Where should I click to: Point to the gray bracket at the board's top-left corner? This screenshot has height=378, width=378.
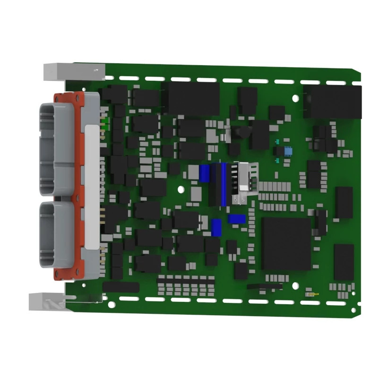[73, 71]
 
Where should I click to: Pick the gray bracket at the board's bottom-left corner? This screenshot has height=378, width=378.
[47, 301]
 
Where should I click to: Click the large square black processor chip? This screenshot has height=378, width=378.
[286, 243]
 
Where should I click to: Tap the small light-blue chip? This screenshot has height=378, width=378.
[288, 152]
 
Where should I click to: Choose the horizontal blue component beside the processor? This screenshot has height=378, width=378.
[236, 219]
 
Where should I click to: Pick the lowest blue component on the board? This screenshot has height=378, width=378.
[216, 228]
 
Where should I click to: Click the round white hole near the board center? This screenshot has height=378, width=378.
[180, 189]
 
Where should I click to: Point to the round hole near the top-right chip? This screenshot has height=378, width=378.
[296, 99]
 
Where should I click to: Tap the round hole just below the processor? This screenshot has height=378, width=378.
[295, 285]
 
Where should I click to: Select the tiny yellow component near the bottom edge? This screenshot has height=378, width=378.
[312, 294]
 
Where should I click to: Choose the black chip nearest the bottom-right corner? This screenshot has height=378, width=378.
[344, 262]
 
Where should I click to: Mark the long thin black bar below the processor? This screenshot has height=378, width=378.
[265, 286]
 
